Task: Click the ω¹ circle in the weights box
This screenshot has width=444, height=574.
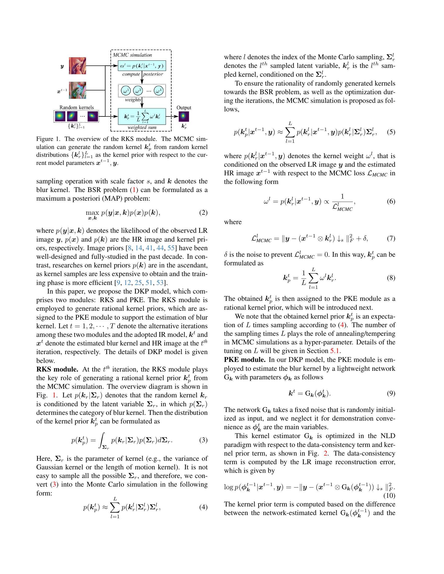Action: [x=125, y=91]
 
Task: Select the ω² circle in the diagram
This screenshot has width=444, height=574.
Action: [x=138, y=91]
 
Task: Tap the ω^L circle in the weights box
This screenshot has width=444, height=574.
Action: [x=159, y=91]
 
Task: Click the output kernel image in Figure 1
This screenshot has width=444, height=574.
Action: [x=184, y=116]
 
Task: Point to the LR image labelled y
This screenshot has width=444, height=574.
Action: [x=77, y=66]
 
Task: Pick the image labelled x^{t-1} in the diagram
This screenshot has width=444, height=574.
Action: [x=77, y=90]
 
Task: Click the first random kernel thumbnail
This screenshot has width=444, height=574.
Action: [x=60, y=116]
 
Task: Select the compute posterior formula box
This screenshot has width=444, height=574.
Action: [x=142, y=66]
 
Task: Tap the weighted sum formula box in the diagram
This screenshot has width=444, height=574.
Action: [x=142, y=116]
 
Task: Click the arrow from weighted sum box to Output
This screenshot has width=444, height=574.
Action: [x=172, y=116]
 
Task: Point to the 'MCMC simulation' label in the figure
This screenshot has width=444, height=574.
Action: [x=132, y=55]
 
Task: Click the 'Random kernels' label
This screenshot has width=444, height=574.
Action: [x=77, y=107]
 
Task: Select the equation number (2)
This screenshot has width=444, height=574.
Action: [x=203, y=212]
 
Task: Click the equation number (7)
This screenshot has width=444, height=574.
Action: [x=391, y=238]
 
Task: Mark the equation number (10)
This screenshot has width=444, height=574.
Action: [x=389, y=495]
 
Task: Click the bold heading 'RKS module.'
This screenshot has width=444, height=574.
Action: [x=57, y=369]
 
